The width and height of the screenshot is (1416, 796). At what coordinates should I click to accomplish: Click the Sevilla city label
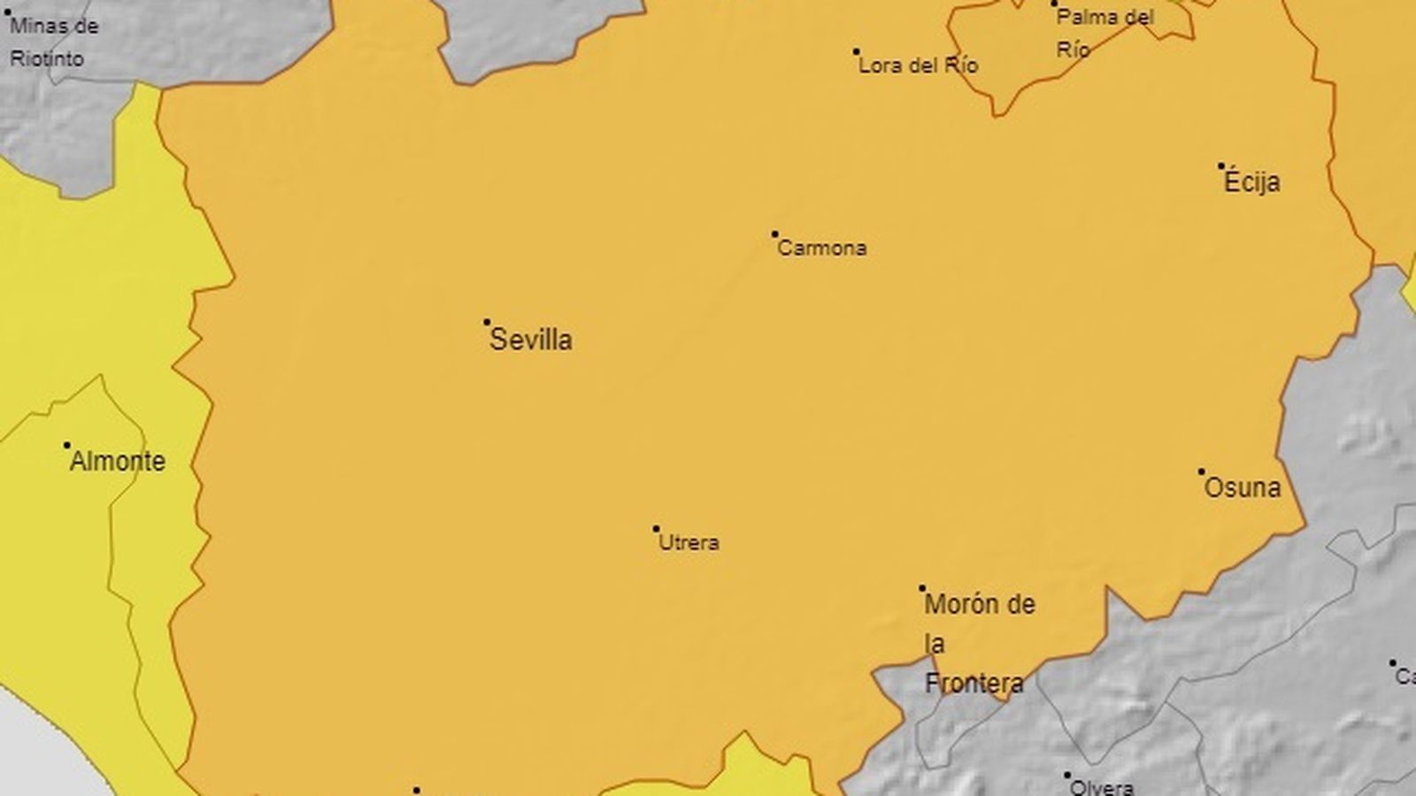click(x=531, y=340)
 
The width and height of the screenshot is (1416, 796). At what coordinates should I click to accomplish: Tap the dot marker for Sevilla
click(x=487, y=322)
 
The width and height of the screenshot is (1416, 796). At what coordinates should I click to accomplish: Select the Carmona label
click(x=821, y=249)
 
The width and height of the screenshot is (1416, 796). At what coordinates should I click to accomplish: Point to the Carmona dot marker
click(x=775, y=234)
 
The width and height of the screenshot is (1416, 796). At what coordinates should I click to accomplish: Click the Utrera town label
click(x=689, y=542)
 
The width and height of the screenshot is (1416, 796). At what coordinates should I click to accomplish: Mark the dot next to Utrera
click(x=657, y=529)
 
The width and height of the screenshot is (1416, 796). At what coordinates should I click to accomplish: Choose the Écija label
click(x=1251, y=183)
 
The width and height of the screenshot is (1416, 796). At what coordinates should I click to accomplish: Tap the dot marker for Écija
click(x=1221, y=165)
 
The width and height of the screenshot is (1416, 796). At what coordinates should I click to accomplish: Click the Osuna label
click(x=1243, y=487)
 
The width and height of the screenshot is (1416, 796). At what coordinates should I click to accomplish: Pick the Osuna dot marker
click(x=1202, y=471)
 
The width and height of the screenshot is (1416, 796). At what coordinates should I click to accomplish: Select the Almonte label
click(x=118, y=461)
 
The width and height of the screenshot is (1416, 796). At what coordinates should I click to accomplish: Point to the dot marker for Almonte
click(x=67, y=445)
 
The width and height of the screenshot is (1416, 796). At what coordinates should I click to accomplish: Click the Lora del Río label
click(x=919, y=65)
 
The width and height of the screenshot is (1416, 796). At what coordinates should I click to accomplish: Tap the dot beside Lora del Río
click(x=857, y=51)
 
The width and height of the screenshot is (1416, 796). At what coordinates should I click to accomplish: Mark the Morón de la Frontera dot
click(x=922, y=588)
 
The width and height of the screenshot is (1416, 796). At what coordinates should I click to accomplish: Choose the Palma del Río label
click(x=1105, y=33)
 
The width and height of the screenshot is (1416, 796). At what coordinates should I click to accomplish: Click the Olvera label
click(x=1102, y=786)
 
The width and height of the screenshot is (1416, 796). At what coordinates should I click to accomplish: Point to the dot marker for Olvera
click(x=1067, y=775)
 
